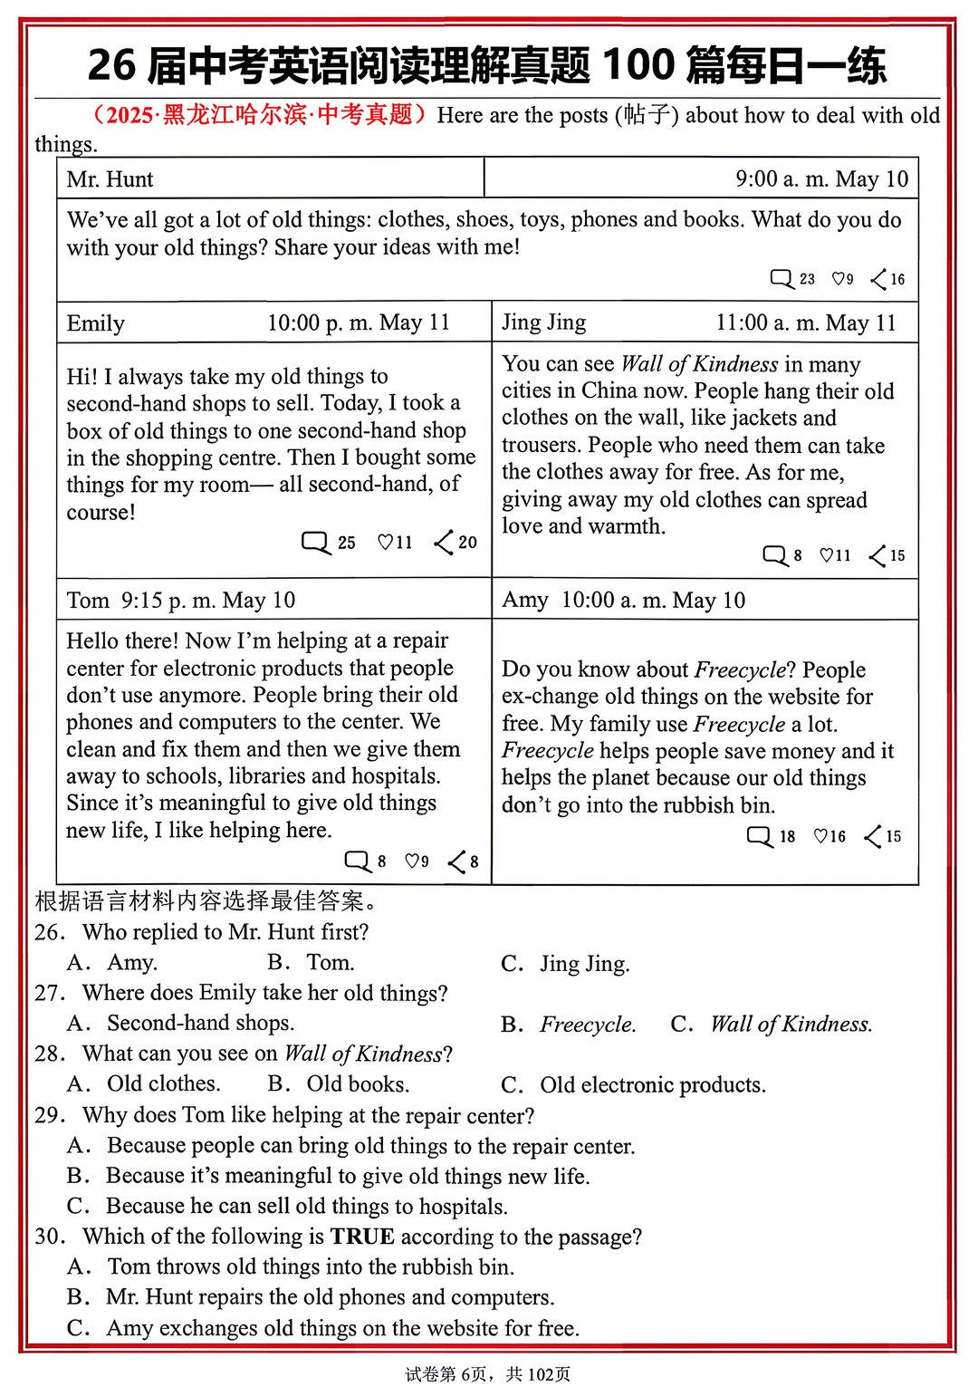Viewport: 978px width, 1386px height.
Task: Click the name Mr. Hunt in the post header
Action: click(x=110, y=179)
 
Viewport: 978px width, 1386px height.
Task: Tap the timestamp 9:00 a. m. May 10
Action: click(x=821, y=179)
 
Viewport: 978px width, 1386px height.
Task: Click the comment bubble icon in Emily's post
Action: click(x=315, y=543)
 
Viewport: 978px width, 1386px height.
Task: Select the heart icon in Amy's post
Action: click(x=820, y=836)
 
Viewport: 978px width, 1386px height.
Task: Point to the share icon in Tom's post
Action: click(x=456, y=861)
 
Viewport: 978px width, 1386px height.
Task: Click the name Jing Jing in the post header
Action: click(x=543, y=322)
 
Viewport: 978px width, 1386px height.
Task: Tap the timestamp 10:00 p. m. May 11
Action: click(x=358, y=323)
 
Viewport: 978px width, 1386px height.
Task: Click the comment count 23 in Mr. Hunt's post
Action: click(x=807, y=279)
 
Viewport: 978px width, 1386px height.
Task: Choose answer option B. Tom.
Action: click(x=311, y=963)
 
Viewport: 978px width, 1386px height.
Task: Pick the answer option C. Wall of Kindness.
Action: click(x=772, y=1025)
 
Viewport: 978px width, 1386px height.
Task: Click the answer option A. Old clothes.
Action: click(x=144, y=1084)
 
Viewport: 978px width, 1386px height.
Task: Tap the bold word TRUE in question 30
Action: click(x=361, y=1237)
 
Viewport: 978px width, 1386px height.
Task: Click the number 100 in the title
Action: click(x=638, y=65)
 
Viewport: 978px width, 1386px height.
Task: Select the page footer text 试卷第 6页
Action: click(x=446, y=1374)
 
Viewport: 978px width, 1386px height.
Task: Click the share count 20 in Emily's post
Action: click(x=467, y=543)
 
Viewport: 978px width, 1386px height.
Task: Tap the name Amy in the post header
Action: click(x=525, y=601)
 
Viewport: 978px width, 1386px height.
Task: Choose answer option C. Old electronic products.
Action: click(x=633, y=1085)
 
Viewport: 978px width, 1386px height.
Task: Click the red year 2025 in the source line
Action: click(x=129, y=115)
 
